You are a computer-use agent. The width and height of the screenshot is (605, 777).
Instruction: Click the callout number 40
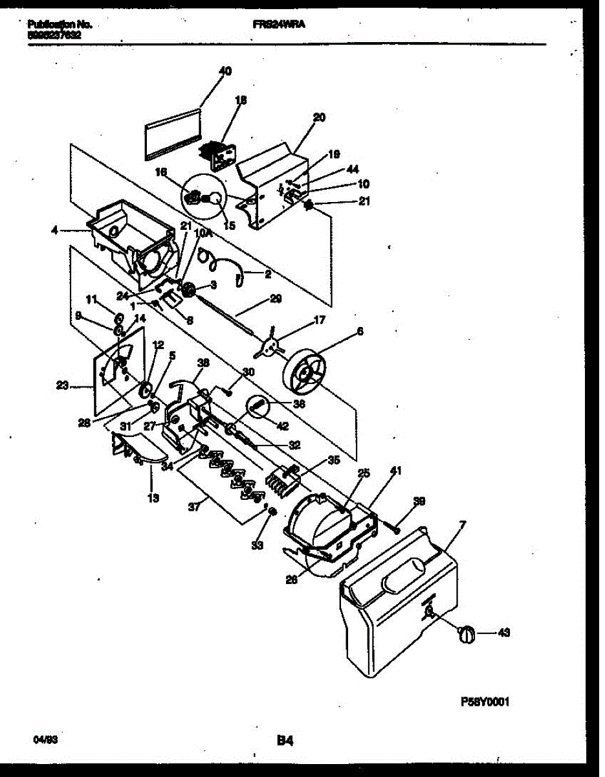point(225,71)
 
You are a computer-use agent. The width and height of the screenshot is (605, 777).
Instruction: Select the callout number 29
point(276,299)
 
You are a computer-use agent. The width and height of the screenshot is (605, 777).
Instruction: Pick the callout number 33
point(258,546)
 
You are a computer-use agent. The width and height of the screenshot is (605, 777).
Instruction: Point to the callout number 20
point(319,117)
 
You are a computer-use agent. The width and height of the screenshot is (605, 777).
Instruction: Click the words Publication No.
point(60,25)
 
